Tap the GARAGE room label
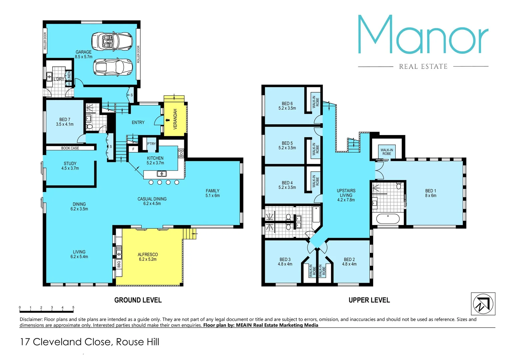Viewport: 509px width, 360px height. (x=83, y=52)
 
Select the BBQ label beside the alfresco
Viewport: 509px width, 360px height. (x=119, y=264)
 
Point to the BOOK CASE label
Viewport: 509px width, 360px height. (x=70, y=148)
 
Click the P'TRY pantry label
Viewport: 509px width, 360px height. (x=151, y=144)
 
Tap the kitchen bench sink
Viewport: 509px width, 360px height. (x=162, y=174)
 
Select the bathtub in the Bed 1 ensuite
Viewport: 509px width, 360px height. (x=388, y=219)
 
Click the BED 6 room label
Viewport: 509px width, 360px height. (x=287, y=104)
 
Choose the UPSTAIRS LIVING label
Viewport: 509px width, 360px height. (x=346, y=193)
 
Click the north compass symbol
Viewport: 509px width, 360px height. (x=483, y=304)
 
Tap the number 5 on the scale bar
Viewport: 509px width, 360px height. (x=73, y=308)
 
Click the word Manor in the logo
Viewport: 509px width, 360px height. (x=423, y=35)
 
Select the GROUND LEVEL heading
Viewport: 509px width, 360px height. (x=138, y=300)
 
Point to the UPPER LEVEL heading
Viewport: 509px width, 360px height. (x=369, y=300)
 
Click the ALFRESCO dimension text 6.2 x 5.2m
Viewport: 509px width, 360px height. (x=148, y=259)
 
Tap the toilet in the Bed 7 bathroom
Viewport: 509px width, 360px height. (x=89, y=127)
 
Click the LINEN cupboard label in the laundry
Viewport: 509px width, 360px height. (x=69, y=75)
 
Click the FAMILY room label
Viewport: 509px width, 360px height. (x=212, y=191)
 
